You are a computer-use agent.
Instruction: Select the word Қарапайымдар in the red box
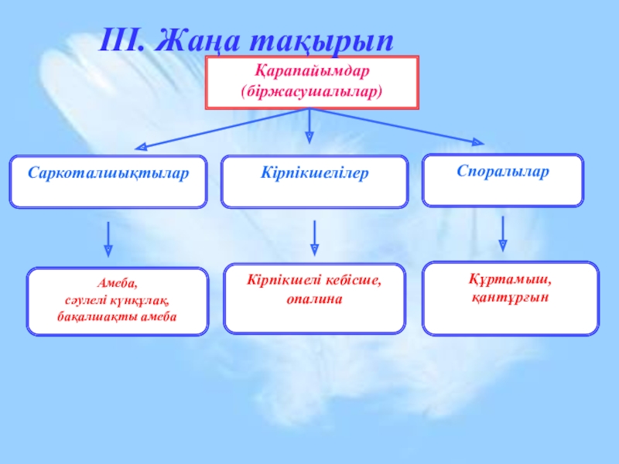[312, 70]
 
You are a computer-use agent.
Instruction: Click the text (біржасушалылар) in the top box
[312, 90]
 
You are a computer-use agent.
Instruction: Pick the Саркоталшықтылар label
[108, 172]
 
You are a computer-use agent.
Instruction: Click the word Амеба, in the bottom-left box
[118, 285]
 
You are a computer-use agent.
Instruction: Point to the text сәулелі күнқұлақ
[118, 300]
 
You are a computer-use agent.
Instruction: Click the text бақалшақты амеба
[118, 316]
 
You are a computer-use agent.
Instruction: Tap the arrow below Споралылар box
[504, 234]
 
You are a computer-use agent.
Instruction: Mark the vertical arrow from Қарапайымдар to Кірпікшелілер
[309, 125]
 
